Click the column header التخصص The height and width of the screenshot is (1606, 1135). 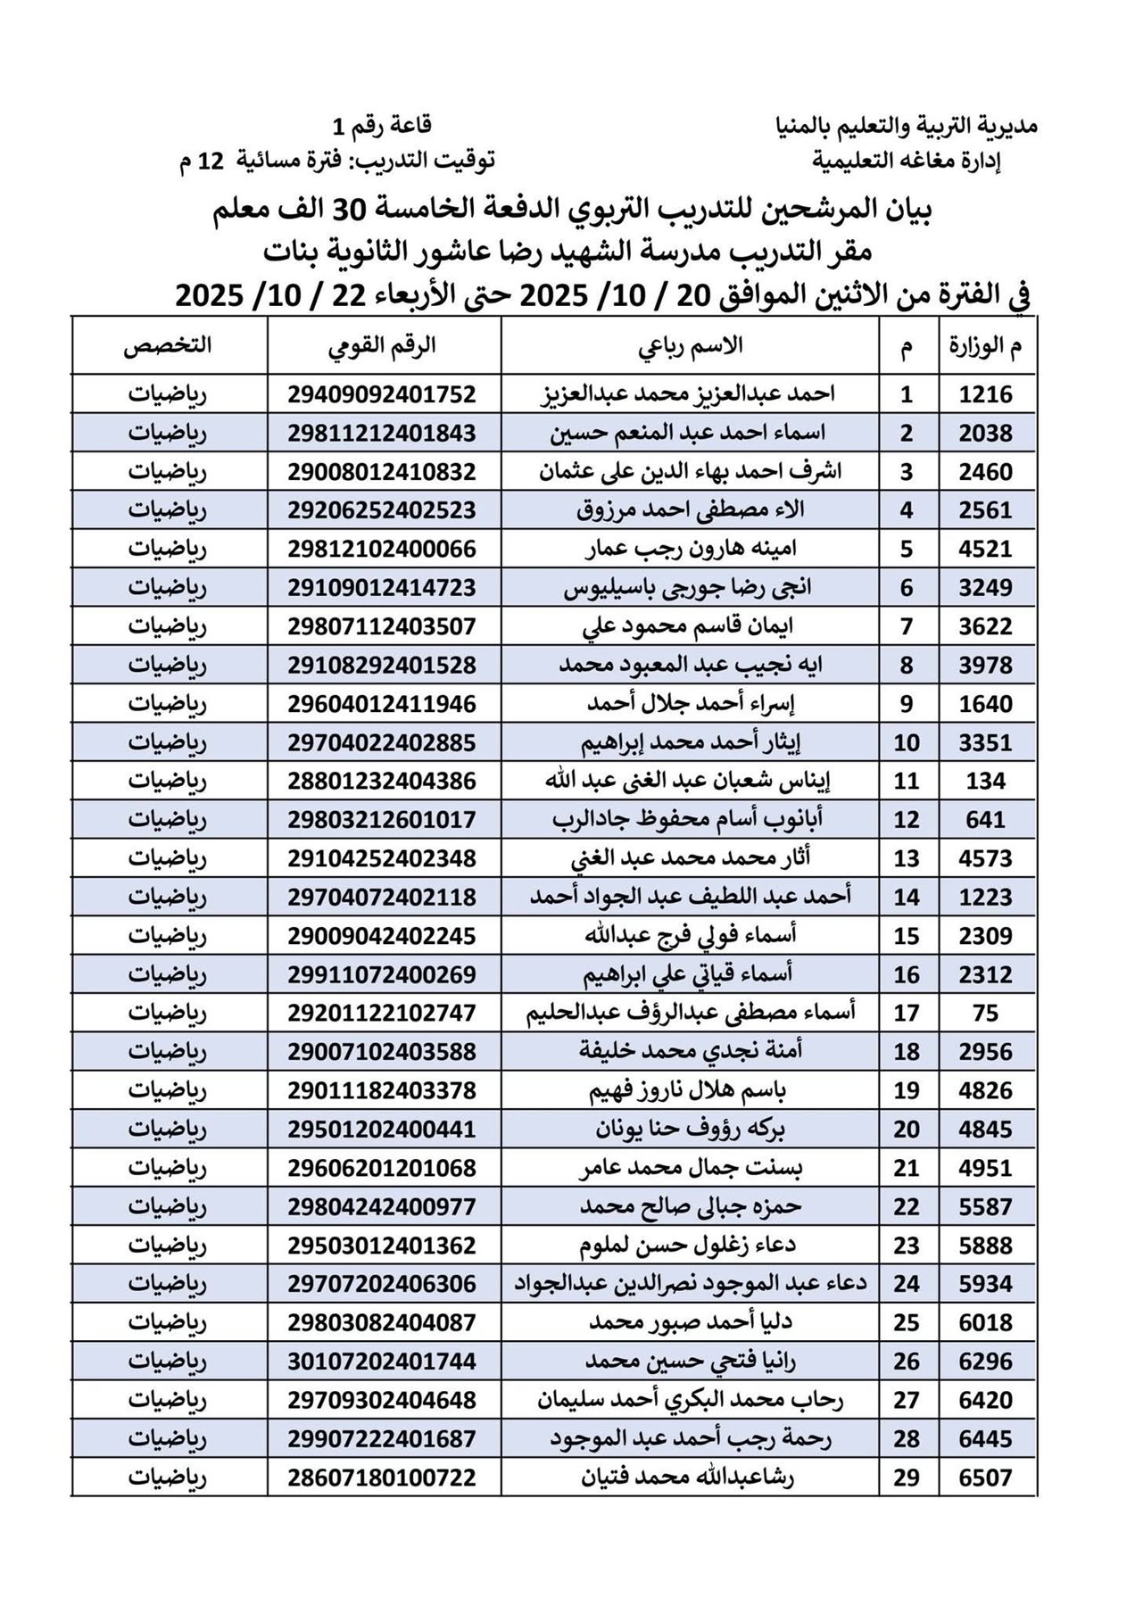[x=168, y=347]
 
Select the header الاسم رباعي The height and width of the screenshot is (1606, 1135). [x=690, y=347]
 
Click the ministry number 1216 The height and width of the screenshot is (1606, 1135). [x=986, y=394]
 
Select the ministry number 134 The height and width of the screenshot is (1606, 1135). [x=986, y=782]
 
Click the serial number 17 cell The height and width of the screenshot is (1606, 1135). [x=907, y=1014]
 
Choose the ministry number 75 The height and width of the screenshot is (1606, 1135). [x=986, y=1014]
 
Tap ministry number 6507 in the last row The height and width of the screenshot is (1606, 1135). [x=986, y=1478]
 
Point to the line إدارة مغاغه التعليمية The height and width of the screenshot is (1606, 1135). [x=908, y=161]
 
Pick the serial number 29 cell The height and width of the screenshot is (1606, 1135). [x=907, y=1478]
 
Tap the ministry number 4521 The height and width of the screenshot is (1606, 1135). [x=986, y=549]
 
